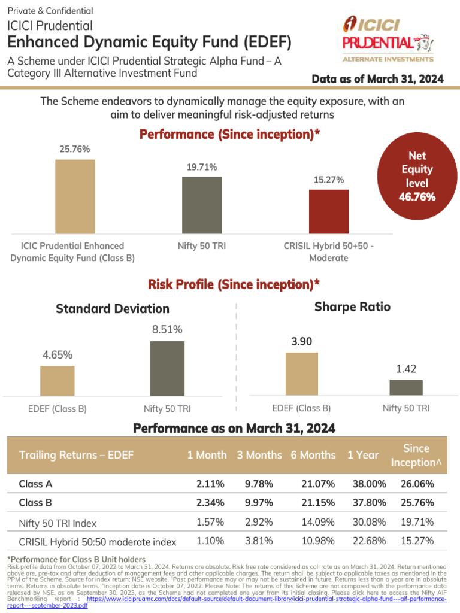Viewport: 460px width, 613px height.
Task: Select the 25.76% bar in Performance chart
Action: click(75, 195)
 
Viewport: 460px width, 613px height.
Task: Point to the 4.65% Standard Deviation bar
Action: click(57, 380)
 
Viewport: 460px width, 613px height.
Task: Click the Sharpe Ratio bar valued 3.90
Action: click(302, 374)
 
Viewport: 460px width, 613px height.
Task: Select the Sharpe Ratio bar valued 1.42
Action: click(405, 387)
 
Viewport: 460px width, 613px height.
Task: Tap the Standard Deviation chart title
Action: click(113, 309)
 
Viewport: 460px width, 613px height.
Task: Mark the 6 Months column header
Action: click(313, 455)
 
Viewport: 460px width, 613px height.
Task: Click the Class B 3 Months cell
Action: click(259, 503)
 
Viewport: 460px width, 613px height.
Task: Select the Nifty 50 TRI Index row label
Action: click(57, 523)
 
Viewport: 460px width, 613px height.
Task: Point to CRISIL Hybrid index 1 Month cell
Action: click(210, 541)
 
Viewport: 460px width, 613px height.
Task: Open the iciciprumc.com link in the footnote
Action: click(264, 602)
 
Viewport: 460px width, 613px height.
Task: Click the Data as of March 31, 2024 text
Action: click(378, 80)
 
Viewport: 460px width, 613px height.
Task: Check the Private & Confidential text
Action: click(50, 11)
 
